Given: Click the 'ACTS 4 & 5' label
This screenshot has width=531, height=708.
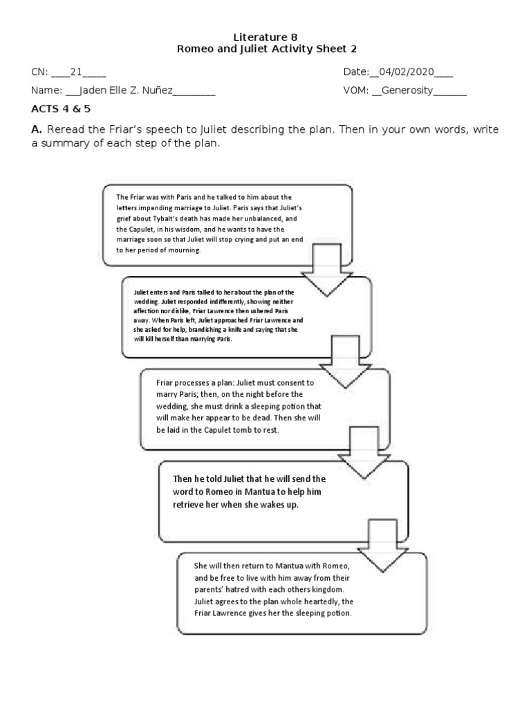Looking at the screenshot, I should [x=60, y=109].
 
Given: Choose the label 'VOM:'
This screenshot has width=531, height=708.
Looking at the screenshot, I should [x=356, y=91].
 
